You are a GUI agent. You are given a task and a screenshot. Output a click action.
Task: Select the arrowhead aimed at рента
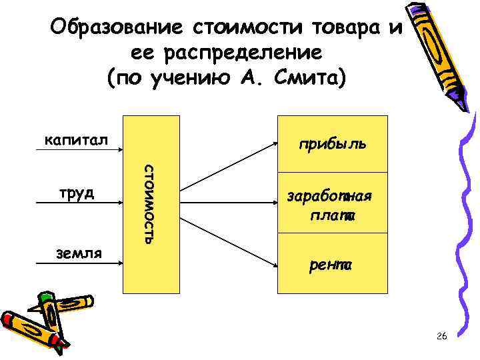pos(273,266)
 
